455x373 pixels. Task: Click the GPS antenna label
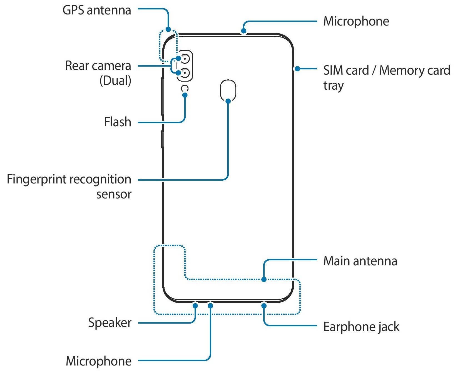point(97,11)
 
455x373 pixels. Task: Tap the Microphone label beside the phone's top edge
point(356,22)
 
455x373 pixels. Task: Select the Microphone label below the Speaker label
point(99,361)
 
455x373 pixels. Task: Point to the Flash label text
point(118,122)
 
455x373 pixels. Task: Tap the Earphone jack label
point(361,327)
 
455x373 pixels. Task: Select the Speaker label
point(110,323)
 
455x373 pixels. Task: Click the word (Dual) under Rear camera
point(115,81)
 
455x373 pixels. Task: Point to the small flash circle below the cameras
point(185,89)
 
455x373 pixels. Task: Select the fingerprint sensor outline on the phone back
point(228,89)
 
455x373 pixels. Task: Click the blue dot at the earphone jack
point(264,306)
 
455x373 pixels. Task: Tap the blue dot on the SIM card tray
point(297,69)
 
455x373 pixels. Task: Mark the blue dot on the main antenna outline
point(264,279)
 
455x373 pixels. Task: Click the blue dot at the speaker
point(195,306)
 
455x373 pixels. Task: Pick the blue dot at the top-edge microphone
point(244,31)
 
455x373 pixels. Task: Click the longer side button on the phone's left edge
point(162,96)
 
